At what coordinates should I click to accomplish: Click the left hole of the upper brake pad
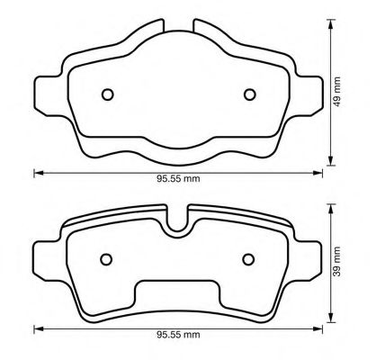point(107,94)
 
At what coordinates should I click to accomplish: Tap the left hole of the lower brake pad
point(106,259)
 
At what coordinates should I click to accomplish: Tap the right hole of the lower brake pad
point(249,259)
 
